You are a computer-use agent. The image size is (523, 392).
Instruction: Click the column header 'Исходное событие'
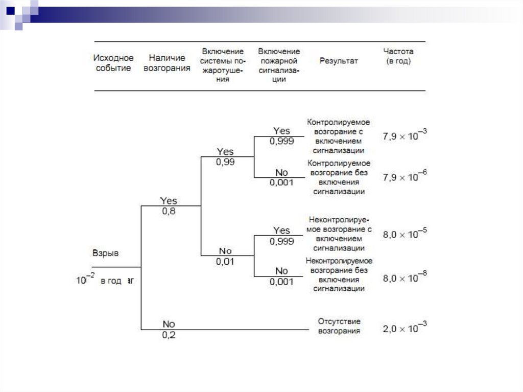click(x=114, y=63)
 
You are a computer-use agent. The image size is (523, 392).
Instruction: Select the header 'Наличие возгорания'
click(x=167, y=63)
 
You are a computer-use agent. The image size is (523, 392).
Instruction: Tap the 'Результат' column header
click(x=339, y=61)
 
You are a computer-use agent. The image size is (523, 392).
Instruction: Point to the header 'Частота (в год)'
click(x=398, y=56)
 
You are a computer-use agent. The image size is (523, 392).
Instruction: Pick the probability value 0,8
click(x=169, y=211)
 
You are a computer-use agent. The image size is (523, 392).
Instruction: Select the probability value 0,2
click(x=169, y=335)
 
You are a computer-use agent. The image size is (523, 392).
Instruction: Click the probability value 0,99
click(x=225, y=162)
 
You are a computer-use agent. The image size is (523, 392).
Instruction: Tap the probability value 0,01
click(x=225, y=261)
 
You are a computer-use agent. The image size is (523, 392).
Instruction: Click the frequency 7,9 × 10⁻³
click(x=405, y=136)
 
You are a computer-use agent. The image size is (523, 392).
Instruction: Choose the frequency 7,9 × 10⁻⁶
click(x=405, y=177)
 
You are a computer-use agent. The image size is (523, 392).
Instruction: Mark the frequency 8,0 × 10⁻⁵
click(x=405, y=235)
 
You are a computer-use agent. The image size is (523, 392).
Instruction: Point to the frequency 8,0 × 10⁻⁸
click(x=405, y=278)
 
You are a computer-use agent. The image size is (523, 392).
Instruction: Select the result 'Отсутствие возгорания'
click(x=339, y=326)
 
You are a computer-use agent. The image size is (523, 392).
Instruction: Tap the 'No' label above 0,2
click(x=169, y=324)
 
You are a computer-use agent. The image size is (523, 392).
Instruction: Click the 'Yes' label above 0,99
click(x=225, y=152)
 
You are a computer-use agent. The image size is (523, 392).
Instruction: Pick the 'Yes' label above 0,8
click(x=169, y=201)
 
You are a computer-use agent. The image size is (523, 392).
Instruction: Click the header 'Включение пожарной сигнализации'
click(x=279, y=65)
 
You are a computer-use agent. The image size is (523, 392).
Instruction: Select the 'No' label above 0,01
click(x=225, y=251)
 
